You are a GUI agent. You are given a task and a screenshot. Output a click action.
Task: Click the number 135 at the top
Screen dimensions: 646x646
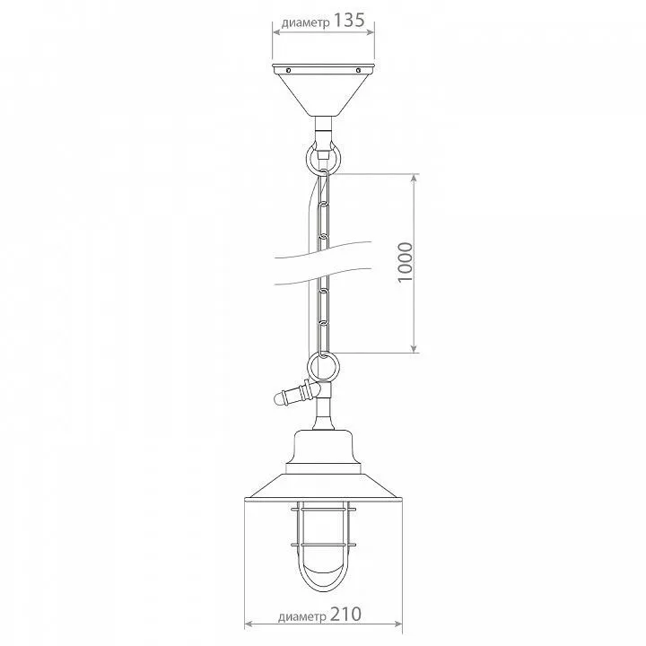tap(348, 20)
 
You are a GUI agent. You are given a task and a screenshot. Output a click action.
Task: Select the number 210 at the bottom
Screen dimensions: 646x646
tap(345, 615)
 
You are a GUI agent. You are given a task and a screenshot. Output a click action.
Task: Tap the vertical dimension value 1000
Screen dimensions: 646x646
tap(406, 262)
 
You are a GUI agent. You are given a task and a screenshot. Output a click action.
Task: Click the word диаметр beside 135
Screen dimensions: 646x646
tap(306, 23)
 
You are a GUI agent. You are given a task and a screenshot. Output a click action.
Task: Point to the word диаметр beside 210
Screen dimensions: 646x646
tap(302, 617)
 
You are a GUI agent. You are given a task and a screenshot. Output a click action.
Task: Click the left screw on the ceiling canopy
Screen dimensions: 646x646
tap(288, 70)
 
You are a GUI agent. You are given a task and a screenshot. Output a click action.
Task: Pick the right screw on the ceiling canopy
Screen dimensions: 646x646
tap(358, 70)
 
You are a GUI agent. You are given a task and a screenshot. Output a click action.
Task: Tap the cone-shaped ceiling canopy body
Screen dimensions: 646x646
tap(323, 91)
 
